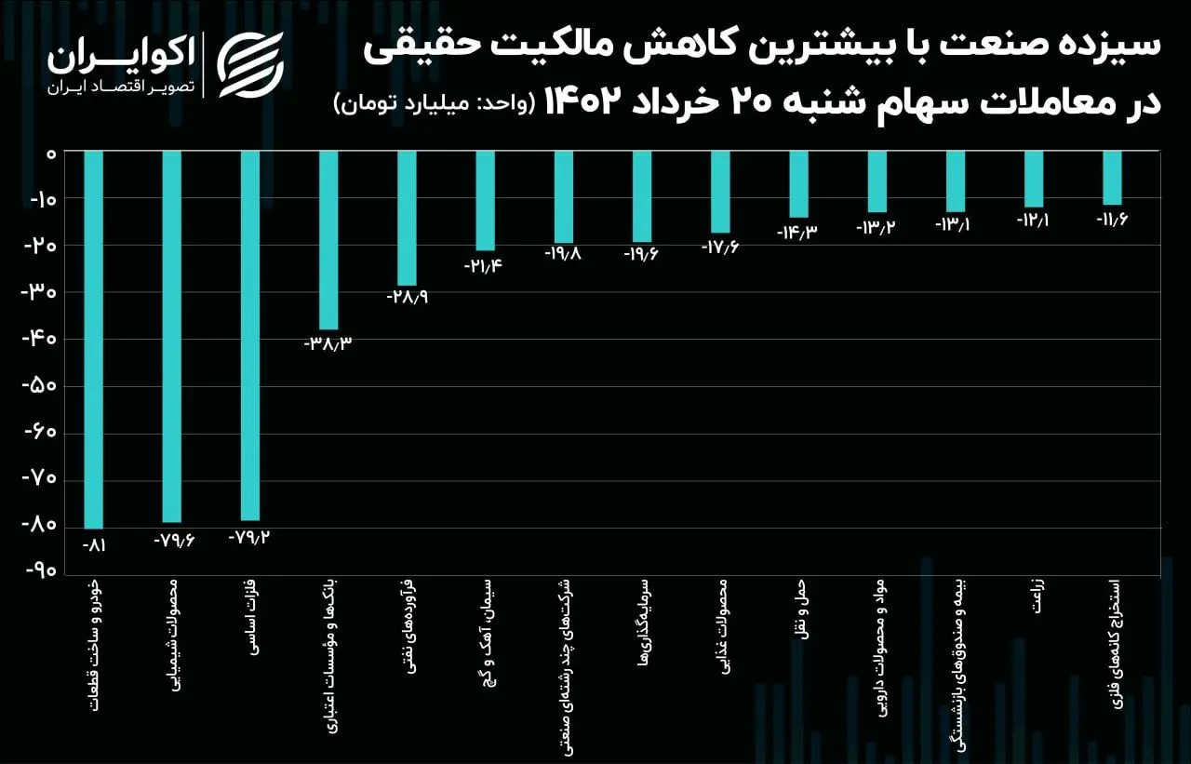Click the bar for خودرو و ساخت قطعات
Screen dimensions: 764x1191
click(x=93, y=340)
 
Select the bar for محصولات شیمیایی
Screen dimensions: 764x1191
click(x=171, y=336)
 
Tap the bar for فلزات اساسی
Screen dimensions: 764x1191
click(x=249, y=335)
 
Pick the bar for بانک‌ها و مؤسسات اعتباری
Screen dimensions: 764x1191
click(x=328, y=240)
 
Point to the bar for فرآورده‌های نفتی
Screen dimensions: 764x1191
click(x=407, y=218)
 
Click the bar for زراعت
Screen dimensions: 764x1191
click(x=1034, y=179)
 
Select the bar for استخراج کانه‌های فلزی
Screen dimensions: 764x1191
click(x=1112, y=178)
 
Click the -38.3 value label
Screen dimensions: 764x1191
click(x=328, y=343)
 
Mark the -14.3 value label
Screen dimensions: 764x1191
click(x=796, y=232)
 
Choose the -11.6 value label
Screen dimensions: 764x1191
click(x=1111, y=220)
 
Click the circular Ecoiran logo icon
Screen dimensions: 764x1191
click(x=250, y=64)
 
